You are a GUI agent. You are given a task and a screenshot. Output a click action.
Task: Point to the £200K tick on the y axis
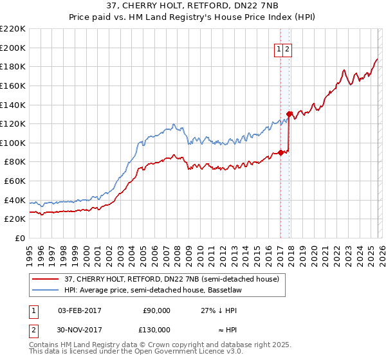tap(13, 48)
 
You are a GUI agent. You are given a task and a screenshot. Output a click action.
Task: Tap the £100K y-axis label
tap(13, 143)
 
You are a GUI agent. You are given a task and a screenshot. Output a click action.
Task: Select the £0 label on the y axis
tap(19, 239)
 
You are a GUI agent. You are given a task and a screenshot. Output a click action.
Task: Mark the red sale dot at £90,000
tap(280, 152)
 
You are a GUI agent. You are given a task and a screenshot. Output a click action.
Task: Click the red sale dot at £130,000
tap(289, 114)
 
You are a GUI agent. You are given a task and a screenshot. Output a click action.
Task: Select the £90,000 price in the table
tap(156, 310)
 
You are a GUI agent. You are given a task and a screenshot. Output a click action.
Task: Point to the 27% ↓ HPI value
tap(219, 310)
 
